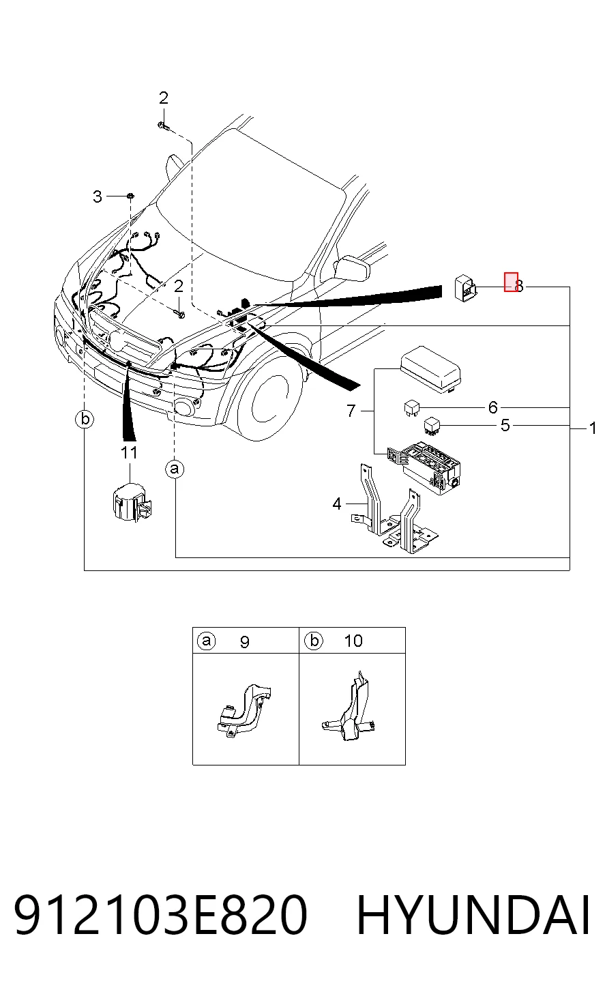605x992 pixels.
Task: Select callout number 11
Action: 129,452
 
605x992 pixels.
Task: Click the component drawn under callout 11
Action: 130,503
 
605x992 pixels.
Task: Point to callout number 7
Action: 351,411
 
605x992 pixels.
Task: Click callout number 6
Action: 493,407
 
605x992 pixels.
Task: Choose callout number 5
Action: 505,426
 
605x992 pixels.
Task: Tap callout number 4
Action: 337,504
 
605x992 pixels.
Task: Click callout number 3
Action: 98,196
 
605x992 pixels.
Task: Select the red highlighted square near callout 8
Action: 511,282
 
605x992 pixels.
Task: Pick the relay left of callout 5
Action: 431,426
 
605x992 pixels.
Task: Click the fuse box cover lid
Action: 430,370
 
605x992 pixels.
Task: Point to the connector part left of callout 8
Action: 465,289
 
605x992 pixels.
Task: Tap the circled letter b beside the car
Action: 85,419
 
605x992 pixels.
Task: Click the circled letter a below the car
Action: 175,469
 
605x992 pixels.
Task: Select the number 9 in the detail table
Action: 244,642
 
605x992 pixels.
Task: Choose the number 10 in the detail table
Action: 353,641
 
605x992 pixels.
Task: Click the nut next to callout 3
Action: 130,196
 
